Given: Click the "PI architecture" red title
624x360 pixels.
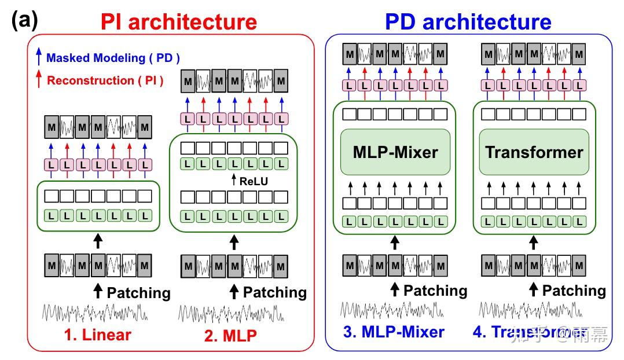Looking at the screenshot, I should [178, 22].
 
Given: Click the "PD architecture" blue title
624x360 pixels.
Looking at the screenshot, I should [468, 22].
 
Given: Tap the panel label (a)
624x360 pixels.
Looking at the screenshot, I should [24, 21].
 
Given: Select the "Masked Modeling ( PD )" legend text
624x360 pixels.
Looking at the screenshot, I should [113, 58].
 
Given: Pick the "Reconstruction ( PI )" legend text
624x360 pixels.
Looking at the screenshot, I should [105, 81].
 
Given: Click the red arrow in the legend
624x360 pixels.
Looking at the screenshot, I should [39, 80].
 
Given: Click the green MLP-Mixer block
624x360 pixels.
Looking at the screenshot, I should [395, 152].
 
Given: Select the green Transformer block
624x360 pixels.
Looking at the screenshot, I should [534, 152].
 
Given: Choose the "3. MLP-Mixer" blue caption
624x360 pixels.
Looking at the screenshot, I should [394, 332].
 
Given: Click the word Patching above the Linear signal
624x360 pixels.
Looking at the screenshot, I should [139, 293].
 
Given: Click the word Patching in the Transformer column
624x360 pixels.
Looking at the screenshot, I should [574, 291].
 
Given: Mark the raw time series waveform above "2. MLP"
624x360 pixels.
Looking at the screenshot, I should [231, 313].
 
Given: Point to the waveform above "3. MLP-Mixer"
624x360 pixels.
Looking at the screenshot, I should [392, 310].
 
